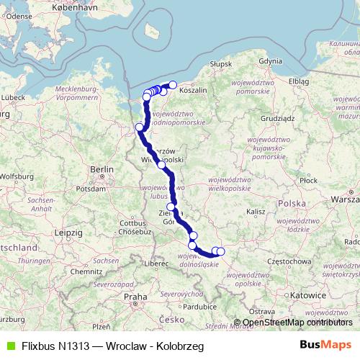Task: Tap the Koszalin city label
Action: coord(192,91)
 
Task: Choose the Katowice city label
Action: coord(314,295)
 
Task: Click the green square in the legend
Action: coord(9,346)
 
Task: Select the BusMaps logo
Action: coord(325,346)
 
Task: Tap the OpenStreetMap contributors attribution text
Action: coord(296,322)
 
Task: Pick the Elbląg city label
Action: coord(298,82)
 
